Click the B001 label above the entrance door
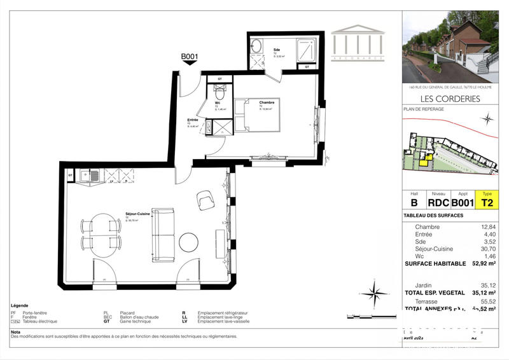click(190, 57)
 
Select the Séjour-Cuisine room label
click(137, 214)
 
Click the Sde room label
click(277, 50)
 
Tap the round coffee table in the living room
click(188, 242)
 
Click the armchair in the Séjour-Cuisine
click(206, 201)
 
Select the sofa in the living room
click(163, 234)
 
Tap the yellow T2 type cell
click(487, 202)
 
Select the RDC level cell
click(438, 202)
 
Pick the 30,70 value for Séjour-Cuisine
click(487, 248)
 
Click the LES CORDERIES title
click(449, 99)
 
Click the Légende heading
click(20, 306)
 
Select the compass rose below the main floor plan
click(379, 293)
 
